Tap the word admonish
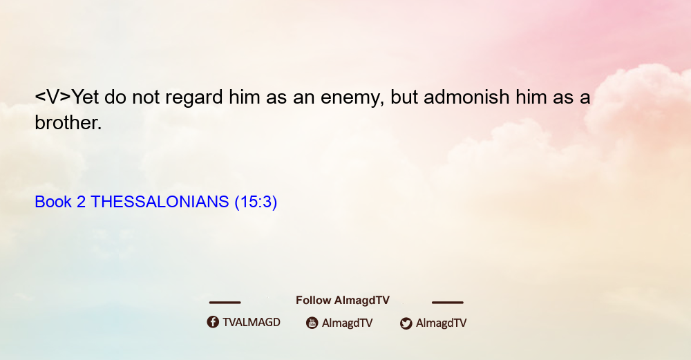point(466,97)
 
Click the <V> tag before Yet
point(53,97)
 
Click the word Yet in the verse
point(85,97)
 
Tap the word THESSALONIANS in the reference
point(160,202)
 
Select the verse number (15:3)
point(256,202)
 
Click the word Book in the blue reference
point(53,202)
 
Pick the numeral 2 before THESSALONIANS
point(81,202)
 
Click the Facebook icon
point(213,322)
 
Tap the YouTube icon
point(312,323)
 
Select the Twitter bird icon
point(406,323)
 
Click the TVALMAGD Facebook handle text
point(252,323)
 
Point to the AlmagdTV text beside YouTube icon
point(348,323)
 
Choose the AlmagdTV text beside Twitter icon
point(441,323)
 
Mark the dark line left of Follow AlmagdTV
point(225,302)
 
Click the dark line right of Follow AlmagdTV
point(448,302)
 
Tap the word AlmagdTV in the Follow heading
point(362,301)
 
